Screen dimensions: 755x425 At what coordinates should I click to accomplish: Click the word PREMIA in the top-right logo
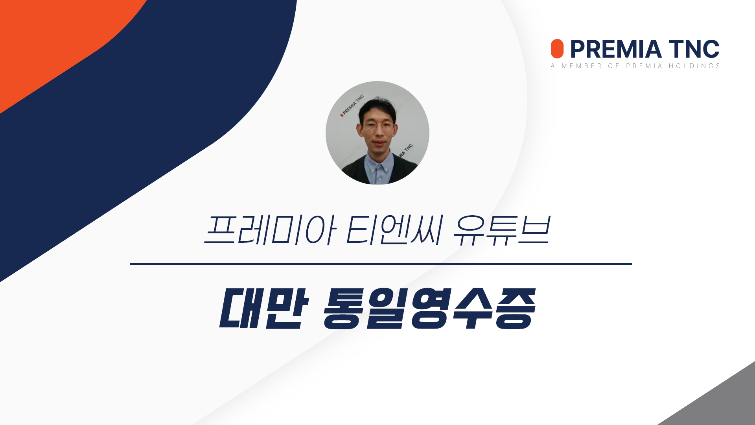click(616, 49)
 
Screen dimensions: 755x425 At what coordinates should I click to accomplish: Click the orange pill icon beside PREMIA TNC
click(557, 49)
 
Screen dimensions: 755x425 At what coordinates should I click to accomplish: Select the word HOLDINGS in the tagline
click(694, 66)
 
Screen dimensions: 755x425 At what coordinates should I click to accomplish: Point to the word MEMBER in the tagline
click(582, 66)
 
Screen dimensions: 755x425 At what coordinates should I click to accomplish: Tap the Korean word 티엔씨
click(395, 229)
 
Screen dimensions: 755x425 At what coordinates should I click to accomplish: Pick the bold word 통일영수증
click(430, 309)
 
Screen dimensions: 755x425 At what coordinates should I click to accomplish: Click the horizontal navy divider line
click(381, 264)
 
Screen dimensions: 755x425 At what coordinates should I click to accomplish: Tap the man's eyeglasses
click(378, 126)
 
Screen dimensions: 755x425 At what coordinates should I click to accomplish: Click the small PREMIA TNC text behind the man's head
click(352, 105)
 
